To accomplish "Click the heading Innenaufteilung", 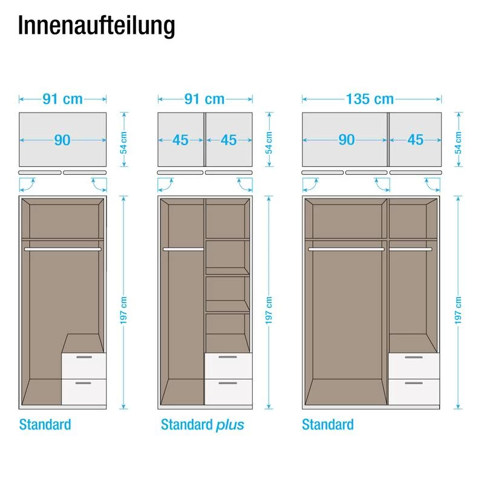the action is [97, 26].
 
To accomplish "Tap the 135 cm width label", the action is [370, 99].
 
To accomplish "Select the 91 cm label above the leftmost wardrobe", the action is [63, 99].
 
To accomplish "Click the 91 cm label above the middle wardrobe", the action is [204, 99].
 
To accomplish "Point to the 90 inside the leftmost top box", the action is [62, 140].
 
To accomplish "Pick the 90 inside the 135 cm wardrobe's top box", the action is [347, 140].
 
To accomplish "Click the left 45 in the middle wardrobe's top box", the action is [180, 140].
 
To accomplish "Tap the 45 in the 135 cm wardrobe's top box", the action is [416, 140].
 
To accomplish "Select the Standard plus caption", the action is [203, 425].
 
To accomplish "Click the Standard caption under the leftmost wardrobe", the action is [45, 425].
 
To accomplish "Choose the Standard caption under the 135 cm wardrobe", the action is [328, 425].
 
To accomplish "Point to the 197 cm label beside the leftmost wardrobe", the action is [123, 310].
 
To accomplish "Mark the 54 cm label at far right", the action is [459, 143].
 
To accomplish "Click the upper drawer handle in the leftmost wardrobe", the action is [84, 357].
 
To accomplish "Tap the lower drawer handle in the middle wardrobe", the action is [228, 383].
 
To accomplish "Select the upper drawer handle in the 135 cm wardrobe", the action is [414, 357].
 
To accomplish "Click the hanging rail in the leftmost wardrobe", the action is [63, 249].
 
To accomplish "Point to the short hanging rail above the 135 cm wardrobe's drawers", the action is [411, 249].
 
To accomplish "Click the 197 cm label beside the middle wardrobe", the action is [269, 310].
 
